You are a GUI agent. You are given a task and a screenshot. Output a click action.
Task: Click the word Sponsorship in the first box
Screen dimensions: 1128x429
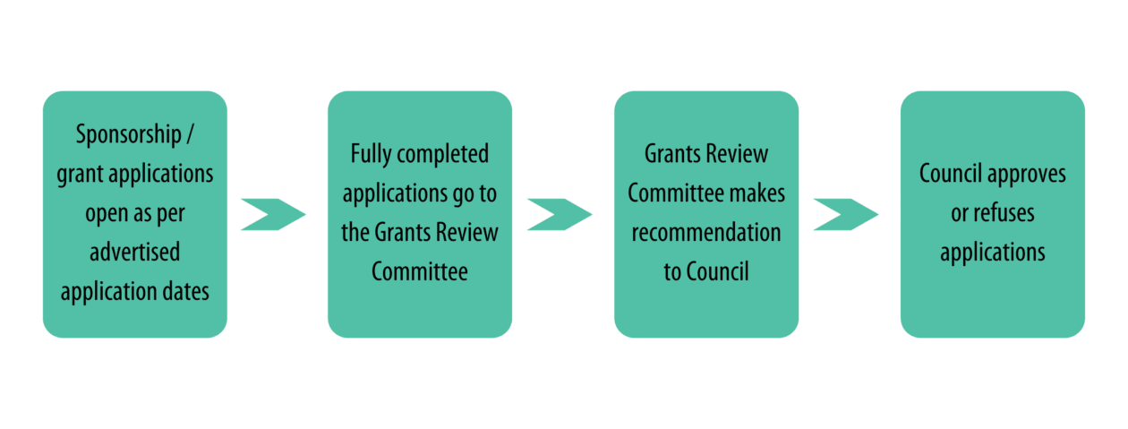(128, 135)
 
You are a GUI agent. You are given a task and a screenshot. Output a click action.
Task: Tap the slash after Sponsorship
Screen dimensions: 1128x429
(190, 134)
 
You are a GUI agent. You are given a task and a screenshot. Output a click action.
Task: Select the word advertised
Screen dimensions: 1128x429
(134, 252)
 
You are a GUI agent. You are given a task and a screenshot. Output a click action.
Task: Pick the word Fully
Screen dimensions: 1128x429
(371, 154)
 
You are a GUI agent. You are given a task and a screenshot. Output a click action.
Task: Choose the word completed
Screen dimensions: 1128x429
(442, 154)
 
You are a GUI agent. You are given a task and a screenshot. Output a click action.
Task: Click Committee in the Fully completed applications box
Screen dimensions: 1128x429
(420, 272)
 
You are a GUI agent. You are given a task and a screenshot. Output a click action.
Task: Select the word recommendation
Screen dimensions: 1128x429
(706, 232)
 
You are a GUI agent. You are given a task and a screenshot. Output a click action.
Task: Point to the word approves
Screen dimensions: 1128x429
(1026, 175)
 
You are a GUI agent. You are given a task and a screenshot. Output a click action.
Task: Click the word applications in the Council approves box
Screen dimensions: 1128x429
(993, 253)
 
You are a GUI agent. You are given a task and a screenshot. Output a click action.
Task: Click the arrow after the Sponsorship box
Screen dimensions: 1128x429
(273, 215)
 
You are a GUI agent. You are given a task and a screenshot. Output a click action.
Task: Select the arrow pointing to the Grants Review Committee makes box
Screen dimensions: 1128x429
(560, 215)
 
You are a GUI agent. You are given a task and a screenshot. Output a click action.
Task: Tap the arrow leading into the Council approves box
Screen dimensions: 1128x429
(847, 215)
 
